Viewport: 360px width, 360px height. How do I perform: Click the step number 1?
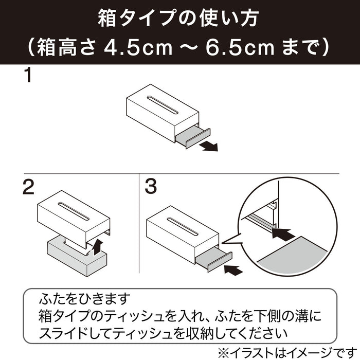click(x=28, y=76)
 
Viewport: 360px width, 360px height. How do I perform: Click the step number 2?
click(x=29, y=187)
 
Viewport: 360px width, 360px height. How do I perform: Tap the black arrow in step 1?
click(x=208, y=147)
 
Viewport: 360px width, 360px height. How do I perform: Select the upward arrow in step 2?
click(x=98, y=247)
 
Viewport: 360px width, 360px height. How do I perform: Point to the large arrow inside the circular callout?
click(x=283, y=235)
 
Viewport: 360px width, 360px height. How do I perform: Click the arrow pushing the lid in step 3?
click(x=233, y=270)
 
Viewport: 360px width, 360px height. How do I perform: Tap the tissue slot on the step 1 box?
click(x=163, y=105)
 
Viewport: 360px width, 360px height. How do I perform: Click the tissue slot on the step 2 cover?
click(x=74, y=211)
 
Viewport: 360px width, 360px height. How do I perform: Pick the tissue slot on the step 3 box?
click(x=183, y=227)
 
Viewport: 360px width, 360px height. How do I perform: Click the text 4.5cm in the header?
click(x=138, y=48)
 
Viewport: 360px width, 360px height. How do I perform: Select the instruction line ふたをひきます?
click(x=85, y=298)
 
